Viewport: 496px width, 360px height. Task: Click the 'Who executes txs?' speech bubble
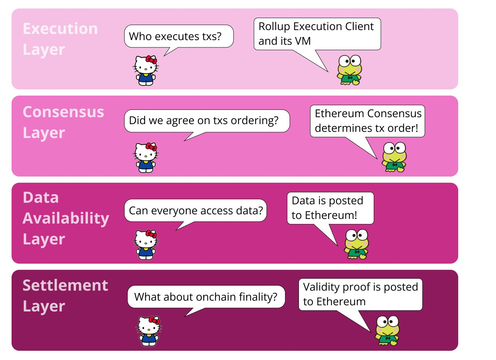(x=179, y=36)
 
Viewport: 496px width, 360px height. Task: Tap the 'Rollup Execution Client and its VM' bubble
(x=317, y=34)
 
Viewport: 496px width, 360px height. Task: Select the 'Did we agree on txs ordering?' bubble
(x=207, y=121)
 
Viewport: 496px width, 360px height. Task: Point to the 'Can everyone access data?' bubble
(x=196, y=210)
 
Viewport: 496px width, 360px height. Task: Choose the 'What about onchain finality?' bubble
(x=206, y=297)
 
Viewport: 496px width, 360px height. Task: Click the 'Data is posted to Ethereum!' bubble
(x=331, y=208)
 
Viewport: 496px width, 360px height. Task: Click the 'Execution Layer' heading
(x=60, y=39)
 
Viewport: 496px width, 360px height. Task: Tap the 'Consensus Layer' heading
(x=63, y=122)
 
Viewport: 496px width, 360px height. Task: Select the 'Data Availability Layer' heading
(x=66, y=218)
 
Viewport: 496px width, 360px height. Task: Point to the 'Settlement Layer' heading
(x=65, y=296)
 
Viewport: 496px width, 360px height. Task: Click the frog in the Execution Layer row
(x=349, y=70)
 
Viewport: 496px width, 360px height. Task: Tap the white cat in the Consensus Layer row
(x=146, y=158)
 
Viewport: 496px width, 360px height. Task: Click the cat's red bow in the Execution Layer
(x=151, y=60)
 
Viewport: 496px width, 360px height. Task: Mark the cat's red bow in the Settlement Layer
(x=154, y=320)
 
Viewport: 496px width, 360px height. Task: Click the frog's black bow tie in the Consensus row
(x=395, y=165)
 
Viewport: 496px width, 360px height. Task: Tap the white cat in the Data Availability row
(x=146, y=245)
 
